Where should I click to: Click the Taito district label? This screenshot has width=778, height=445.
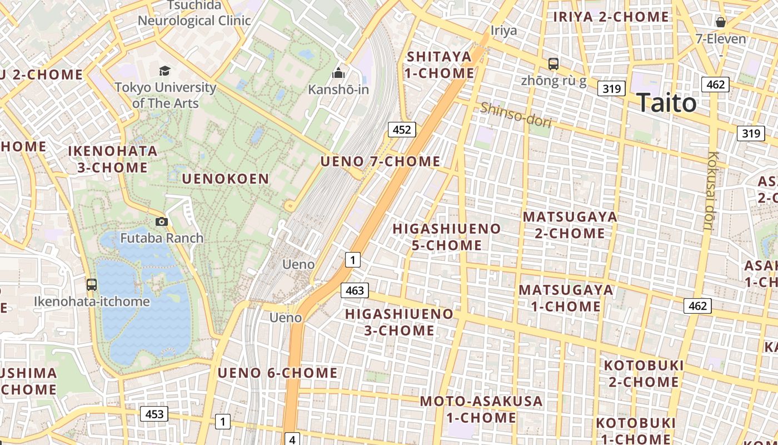pyautogui.click(x=666, y=103)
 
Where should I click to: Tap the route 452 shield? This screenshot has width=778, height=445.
pyautogui.click(x=401, y=130)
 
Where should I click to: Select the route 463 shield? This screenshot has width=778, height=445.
pyautogui.click(x=355, y=290)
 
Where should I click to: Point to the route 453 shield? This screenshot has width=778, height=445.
pyautogui.click(x=154, y=414)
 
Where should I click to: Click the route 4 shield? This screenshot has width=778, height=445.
pyautogui.click(x=292, y=439)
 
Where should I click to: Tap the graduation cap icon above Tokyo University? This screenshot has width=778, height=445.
pyautogui.click(x=164, y=71)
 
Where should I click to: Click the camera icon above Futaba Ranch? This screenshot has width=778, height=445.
pyautogui.click(x=161, y=221)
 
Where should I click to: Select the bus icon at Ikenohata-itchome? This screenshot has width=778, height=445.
pyautogui.click(x=92, y=285)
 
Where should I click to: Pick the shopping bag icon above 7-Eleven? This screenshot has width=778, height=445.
pyautogui.click(x=721, y=22)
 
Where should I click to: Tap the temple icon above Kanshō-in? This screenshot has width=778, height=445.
pyautogui.click(x=338, y=73)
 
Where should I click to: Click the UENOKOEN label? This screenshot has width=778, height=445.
pyautogui.click(x=226, y=179)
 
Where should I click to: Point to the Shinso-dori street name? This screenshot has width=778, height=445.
pyautogui.click(x=516, y=115)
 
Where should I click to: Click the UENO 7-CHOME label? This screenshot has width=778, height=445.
pyautogui.click(x=380, y=161)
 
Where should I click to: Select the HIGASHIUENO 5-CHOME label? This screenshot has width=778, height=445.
pyautogui.click(x=447, y=236)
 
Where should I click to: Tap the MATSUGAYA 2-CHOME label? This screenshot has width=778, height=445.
pyautogui.click(x=570, y=224)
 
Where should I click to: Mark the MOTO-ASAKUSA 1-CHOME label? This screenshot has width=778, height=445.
pyautogui.click(x=481, y=409)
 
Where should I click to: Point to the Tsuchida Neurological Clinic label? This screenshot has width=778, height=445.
pyautogui.click(x=194, y=13)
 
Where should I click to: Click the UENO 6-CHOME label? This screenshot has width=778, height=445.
pyautogui.click(x=277, y=373)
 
